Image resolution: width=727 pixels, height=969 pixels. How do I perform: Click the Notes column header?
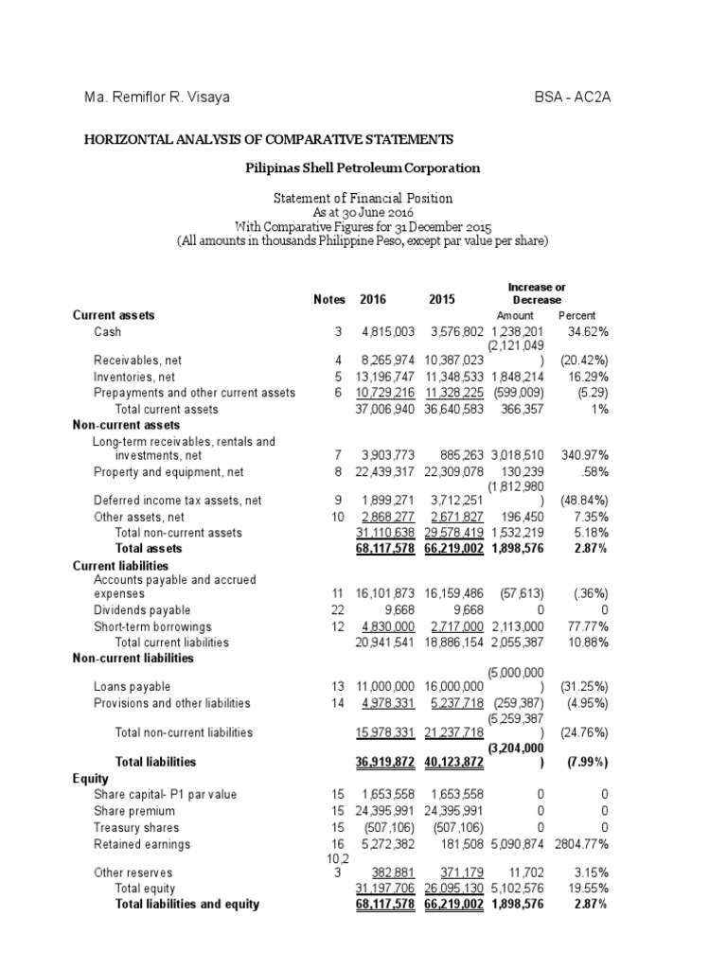pos(328,299)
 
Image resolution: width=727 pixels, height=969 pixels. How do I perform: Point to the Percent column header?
pos(576,315)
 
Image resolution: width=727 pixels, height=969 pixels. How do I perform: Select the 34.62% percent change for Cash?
pos(587,332)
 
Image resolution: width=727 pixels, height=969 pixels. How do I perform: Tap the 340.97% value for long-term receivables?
pos(582,456)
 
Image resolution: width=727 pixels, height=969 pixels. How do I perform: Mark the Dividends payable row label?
pos(142,610)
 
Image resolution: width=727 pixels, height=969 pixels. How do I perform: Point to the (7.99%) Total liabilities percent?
pos(582,762)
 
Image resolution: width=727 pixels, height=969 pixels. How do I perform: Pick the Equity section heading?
pos(91,779)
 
